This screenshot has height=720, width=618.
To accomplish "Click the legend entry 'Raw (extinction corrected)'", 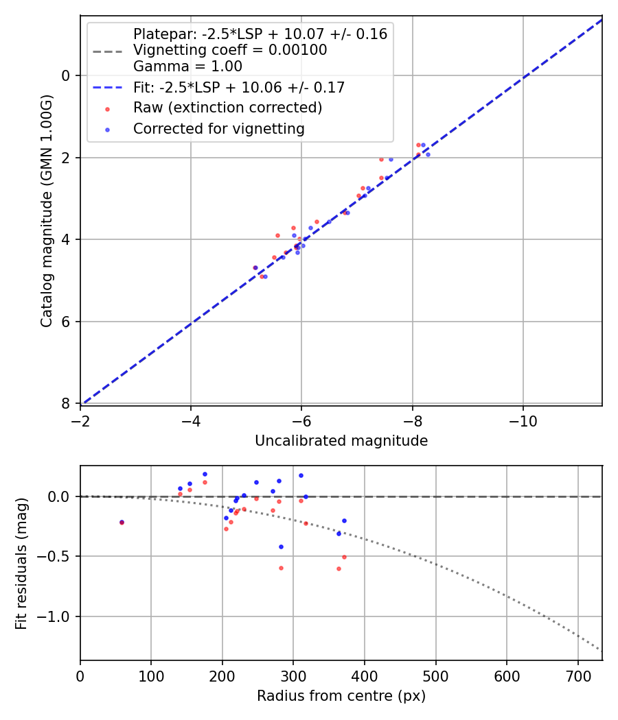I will click(227, 108).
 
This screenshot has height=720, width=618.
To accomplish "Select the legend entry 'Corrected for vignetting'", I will click(218, 128).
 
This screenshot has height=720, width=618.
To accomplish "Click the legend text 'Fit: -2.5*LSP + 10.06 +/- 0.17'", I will click(238, 87).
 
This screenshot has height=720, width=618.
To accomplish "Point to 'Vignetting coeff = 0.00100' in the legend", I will click(230, 50).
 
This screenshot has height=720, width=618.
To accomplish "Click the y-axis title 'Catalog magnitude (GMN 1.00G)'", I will click(46, 210).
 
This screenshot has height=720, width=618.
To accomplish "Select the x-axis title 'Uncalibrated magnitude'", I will click(341, 441).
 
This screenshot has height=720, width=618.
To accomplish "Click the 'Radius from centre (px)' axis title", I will click(341, 696).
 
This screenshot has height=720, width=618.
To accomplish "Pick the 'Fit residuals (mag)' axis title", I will click(21, 563).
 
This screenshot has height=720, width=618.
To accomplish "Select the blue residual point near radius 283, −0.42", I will click(281, 547).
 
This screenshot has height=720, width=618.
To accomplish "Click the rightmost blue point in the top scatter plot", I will click(428, 154).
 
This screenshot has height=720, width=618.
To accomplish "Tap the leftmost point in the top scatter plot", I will click(255, 267).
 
